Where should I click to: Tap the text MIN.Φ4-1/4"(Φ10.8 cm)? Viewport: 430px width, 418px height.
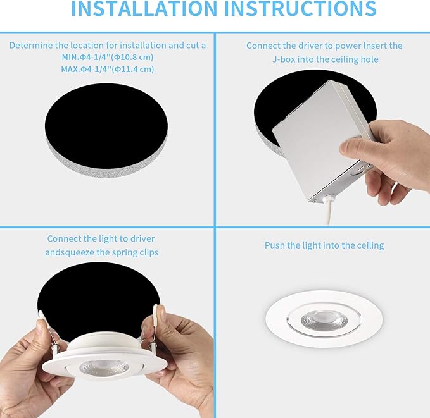(x=107, y=57)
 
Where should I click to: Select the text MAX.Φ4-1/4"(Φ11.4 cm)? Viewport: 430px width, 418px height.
(x=107, y=69)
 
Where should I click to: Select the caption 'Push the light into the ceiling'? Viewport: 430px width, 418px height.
(x=324, y=245)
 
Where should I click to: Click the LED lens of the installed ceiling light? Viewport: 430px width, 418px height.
(x=324, y=319)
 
